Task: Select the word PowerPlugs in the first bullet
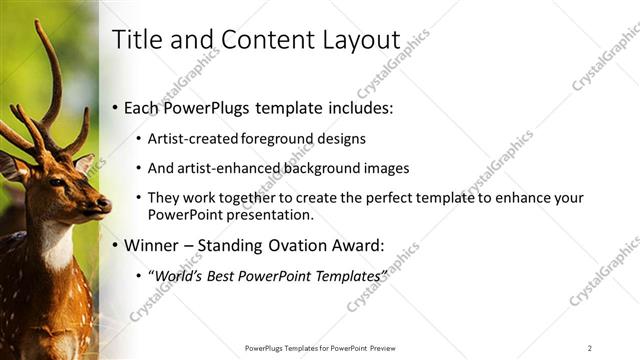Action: pyautogui.click(x=210, y=107)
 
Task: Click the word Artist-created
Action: pyautogui.click(x=192, y=139)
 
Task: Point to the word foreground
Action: pyautogui.click(x=281, y=139)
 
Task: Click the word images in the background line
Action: pyautogui.click(x=382, y=168)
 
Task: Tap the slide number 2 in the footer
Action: pyautogui.click(x=590, y=348)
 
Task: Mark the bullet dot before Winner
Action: pyautogui.click(x=115, y=245)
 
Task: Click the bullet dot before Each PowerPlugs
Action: pyautogui.click(x=115, y=108)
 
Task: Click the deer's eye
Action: pyautogui.click(x=57, y=183)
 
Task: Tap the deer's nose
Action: pyautogui.click(x=104, y=205)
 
